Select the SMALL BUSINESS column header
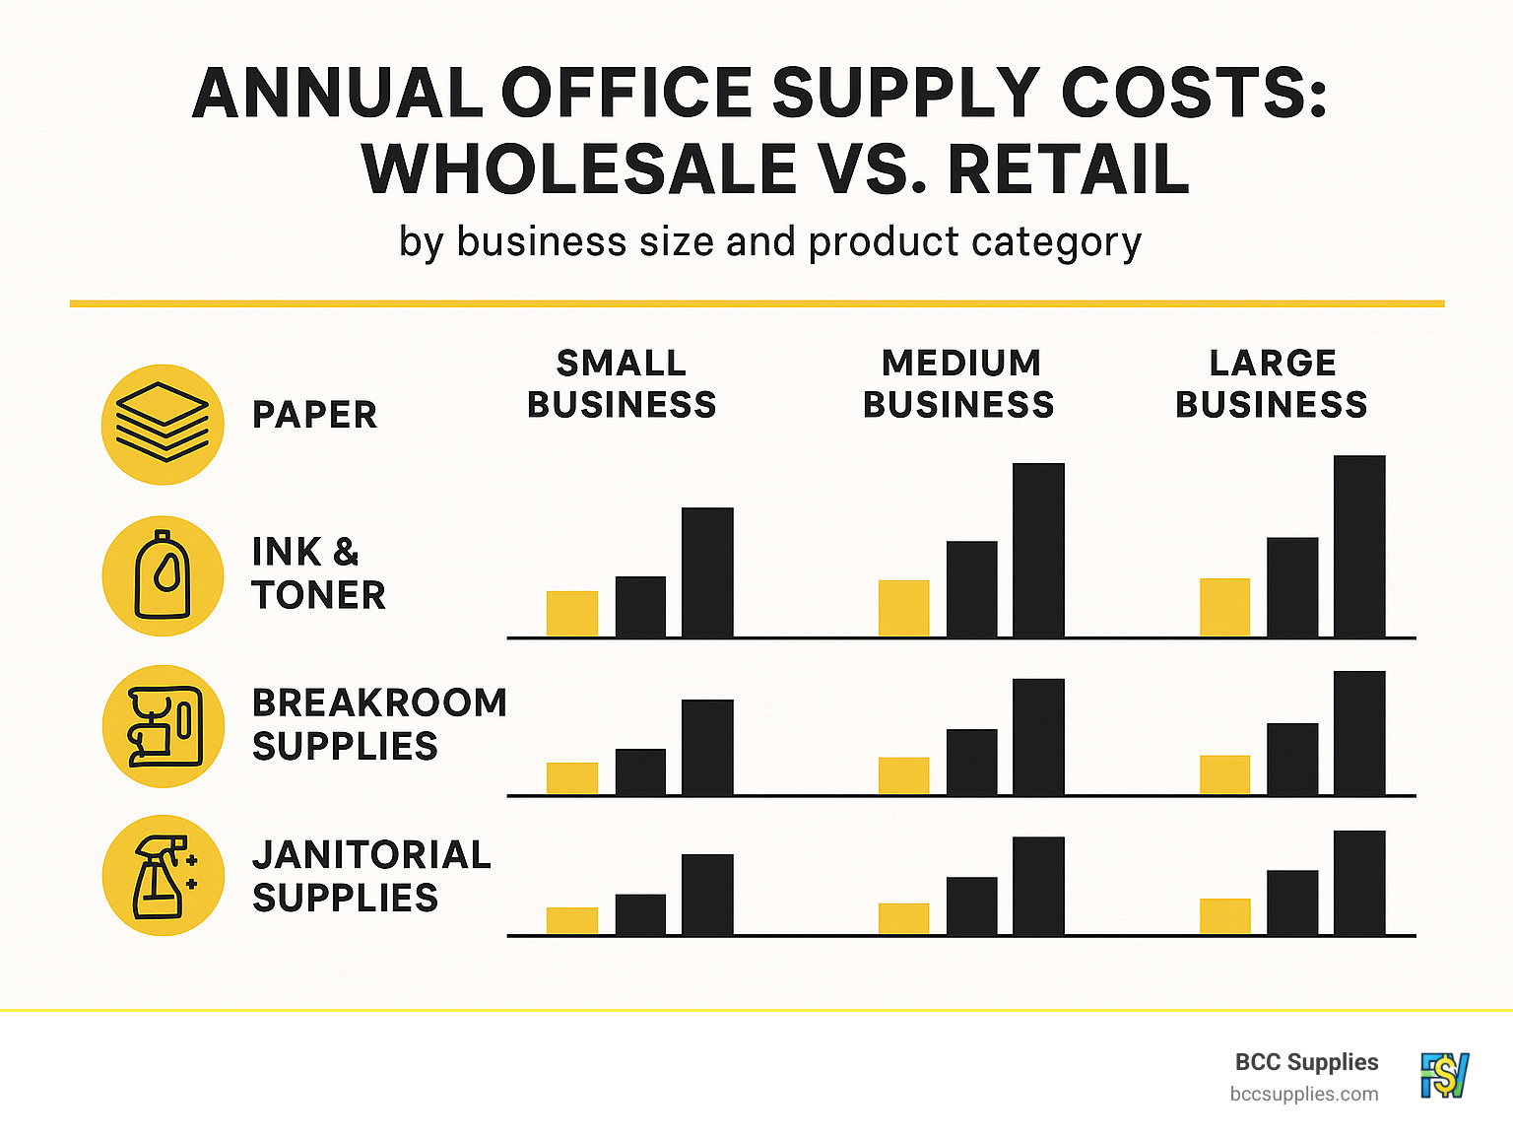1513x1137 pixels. click(x=622, y=384)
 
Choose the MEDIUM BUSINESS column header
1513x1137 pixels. click(x=959, y=384)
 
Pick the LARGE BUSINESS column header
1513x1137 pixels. click(x=1272, y=384)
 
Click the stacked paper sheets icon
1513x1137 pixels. click(x=163, y=425)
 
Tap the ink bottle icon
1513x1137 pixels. click(x=163, y=575)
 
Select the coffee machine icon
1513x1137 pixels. click(x=163, y=726)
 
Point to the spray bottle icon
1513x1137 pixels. click(x=163, y=876)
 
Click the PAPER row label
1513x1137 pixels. click(x=315, y=415)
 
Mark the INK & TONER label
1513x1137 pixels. click(x=318, y=573)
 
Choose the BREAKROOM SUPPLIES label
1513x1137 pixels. click(x=379, y=724)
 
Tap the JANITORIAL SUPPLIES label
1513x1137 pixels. click(x=371, y=876)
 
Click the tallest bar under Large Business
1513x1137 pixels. click(x=1359, y=546)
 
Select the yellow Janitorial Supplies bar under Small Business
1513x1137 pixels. click(x=572, y=920)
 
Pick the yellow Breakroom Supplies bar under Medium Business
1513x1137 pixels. click(x=903, y=775)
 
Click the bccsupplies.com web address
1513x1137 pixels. click(x=1304, y=1094)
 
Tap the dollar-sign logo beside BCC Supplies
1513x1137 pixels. click(x=1444, y=1075)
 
